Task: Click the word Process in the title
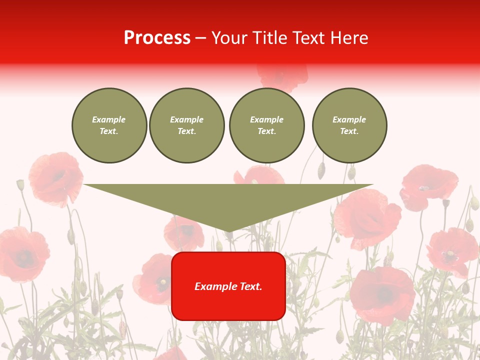[x=157, y=38]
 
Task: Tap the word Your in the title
[x=229, y=38]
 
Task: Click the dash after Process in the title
[x=201, y=38]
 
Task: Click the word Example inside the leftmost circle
[x=109, y=119]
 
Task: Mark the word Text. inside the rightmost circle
[x=349, y=131]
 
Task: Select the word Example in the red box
[x=213, y=286]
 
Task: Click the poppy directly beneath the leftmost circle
[x=55, y=177]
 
